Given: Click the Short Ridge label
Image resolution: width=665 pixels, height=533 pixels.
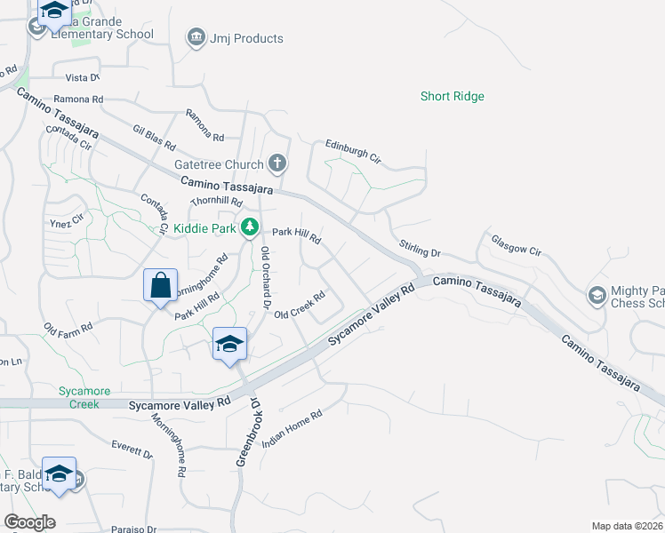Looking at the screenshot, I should click(x=453, y=96).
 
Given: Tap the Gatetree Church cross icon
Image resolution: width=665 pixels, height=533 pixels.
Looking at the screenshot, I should click(x=277, y=163).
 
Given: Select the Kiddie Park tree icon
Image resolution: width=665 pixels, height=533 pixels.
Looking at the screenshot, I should click(x=251, y=228).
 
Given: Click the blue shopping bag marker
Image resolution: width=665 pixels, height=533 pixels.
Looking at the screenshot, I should click(x=160, y=286).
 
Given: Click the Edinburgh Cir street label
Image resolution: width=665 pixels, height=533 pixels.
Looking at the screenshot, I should click(x=353, y=151).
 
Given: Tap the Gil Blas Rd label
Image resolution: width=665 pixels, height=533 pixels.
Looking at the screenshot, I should click(x=155, y=137).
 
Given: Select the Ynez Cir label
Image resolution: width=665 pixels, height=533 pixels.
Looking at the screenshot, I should click(x=67, y=220).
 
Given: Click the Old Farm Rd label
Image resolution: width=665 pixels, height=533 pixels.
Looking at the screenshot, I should click(x=68, y=333).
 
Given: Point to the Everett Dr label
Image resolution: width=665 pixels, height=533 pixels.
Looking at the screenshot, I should click(x=132, y=449).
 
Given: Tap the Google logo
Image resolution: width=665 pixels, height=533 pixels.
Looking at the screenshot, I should click(x=29, y=521).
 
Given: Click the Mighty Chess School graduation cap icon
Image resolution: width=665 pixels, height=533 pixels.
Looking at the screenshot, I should click(x=597, y=294).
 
